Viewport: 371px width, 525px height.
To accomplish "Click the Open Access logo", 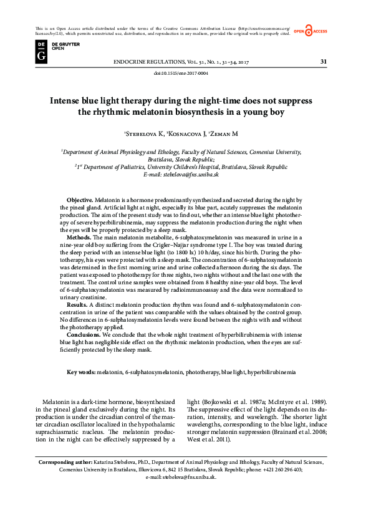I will click(x=311, y=31).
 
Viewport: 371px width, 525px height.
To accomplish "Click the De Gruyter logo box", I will click(x=41, y=51).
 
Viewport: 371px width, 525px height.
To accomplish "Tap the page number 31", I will click(x=323, y=61).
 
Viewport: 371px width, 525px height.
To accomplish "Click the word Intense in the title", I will click(x=67, y=100).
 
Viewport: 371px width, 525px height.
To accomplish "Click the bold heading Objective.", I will click(x=80, y=198).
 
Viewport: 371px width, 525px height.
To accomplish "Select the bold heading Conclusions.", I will click(x=84, y=334).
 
